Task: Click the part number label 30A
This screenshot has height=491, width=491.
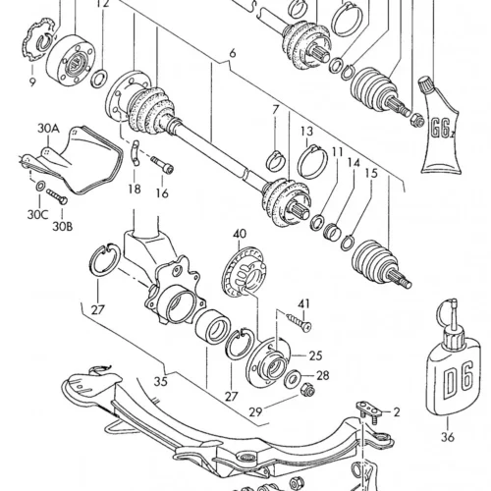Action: pyautogui.click(x=48, y=129)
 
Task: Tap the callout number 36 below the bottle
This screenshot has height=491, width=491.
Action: pyautogui.click(x=448, y=436)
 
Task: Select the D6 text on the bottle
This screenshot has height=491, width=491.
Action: pyautogui.click(x=459, y=380)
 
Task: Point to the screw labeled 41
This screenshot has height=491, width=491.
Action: pyautogui.click(x=298, y=321)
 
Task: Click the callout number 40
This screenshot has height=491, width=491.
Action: pyautogui.click(x=240, y=234)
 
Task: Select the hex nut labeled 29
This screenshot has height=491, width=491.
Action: pyautogui.click(x=308, y=389)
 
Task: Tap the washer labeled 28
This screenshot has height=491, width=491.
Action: pyautogui.click(x=293, y=379)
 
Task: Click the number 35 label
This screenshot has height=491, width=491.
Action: pyautogui.click(x=161, y=381)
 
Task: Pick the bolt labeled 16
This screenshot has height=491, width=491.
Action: pyautogui.click(x=162, y=165)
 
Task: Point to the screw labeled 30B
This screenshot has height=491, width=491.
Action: pyautogui.click(x=57, y=196)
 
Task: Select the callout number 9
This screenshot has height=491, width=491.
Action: pyautogui.click(x=32, y=82)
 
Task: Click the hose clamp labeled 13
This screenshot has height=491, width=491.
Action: pyautogui.click(x=312, y=161)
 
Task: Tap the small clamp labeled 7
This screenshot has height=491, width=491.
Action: pyautogui.click(x=278, y=160)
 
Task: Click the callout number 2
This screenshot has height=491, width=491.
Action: pyautogui.click(x=397, y=412)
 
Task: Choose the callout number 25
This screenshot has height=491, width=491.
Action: pyautogui.click(x=315, y=355)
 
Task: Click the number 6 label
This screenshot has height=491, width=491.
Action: pyautogui.click(x=233, y=53)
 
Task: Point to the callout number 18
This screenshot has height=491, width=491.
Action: pyautogui.click(x=135, y=189)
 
